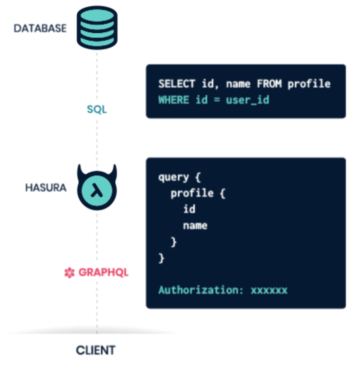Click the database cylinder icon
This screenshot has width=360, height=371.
click(97, 28)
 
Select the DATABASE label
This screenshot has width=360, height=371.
click(40, 28)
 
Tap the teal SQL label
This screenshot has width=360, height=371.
click(97, 109)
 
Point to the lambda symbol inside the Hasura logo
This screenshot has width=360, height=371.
click(97, 190)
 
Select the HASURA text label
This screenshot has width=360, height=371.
click(46, 188)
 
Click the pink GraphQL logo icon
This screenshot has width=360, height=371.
click(70, 272)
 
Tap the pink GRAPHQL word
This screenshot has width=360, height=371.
click(103, 272)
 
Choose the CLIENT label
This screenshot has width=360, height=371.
click(96, 350)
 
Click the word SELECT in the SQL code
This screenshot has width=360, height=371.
click(177, 84)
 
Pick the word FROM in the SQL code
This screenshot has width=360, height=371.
click(269, 84)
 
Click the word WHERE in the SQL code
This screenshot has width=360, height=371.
click(173, 100)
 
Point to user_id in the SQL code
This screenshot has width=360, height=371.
click(248, 100)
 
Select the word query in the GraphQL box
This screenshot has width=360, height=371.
click(173, 177)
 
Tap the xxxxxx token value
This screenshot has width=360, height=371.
click(269, 291)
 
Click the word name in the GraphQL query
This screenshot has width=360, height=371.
click(195, 226)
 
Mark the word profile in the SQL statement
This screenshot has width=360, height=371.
click(309, 84)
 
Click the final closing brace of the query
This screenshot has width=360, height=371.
click(161, 258)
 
